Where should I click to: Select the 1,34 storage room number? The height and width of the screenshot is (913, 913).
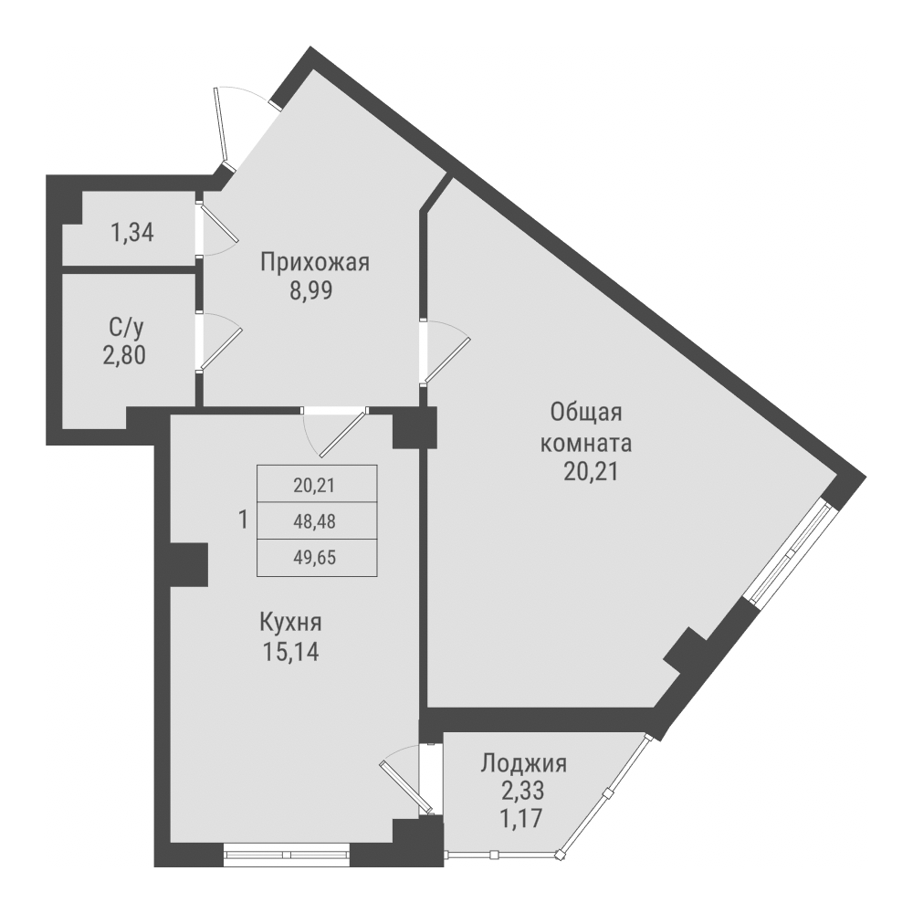click(132, 233)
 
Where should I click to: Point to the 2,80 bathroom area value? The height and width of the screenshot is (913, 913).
click(124, 353)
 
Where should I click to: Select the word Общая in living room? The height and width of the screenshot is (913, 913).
click(585, 412)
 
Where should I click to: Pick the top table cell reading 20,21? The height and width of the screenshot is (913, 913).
click(315, 485)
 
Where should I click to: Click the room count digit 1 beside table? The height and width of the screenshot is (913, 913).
click(242, 520)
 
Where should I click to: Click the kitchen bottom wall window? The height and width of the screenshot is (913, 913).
click(287, 855)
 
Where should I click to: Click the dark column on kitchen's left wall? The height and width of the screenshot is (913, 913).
click(188, 564)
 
